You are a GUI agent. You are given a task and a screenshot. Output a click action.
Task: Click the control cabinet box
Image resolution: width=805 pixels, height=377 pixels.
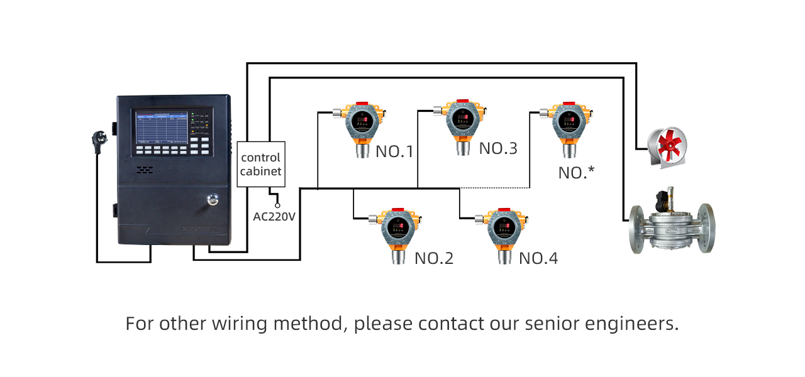tap(261, 164)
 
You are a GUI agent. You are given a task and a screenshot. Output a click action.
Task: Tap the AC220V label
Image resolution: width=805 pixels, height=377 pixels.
tap(274, 217)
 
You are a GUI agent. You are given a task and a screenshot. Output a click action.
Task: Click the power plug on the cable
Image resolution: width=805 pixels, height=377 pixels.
tap(101, 139)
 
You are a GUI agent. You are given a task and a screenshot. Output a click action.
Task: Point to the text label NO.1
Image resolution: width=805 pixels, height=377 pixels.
tap(394, 151)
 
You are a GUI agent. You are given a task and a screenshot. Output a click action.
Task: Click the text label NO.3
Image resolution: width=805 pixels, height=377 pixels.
tap(498, 149)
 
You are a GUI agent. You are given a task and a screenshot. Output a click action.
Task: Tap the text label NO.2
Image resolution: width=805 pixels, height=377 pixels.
tap(434, 258)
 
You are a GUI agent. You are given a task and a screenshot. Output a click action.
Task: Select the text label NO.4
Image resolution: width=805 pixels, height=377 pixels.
tap(538, 258)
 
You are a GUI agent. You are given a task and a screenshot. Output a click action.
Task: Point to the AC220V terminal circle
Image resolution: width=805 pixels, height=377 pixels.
tap(277, 205)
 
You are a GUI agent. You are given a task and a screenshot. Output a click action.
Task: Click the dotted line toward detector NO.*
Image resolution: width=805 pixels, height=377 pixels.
tap(497, 188)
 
